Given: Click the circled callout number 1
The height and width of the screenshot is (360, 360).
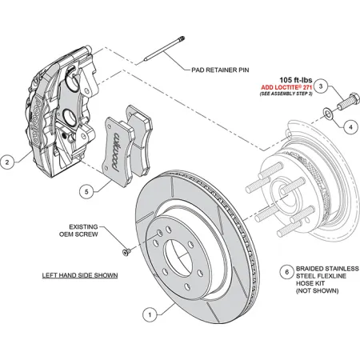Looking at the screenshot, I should pyautogui.click(x=147, y=315).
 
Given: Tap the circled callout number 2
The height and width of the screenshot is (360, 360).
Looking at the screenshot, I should pyautogui.click(x=7, y=162).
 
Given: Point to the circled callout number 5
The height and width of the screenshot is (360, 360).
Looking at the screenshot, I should pyautogui.click(x=86, y=191).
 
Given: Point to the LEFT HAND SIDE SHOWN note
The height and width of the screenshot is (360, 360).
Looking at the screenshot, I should pyautogui.click(x=80, y=274).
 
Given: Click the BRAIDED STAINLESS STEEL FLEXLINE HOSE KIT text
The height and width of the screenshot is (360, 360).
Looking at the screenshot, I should pyautogui.click(x=326, y=282).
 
